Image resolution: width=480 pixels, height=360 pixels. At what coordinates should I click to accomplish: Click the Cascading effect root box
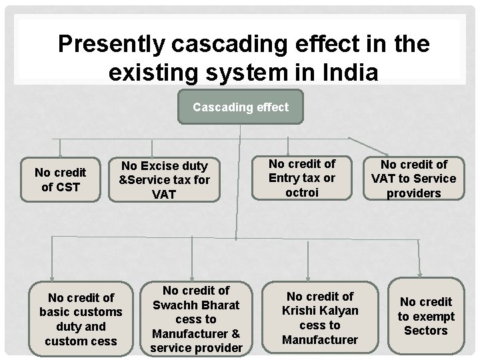pos(240,107)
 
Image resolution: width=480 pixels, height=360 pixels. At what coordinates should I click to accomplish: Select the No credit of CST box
pos(60,179)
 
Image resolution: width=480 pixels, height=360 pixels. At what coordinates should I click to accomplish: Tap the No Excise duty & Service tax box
pos(163,179)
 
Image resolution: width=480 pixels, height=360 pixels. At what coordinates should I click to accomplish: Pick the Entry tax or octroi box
pos(302,178)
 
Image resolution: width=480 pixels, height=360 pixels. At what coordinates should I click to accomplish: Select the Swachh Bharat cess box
pos(196,319)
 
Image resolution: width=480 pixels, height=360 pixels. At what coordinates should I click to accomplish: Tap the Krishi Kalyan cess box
pos(319,318)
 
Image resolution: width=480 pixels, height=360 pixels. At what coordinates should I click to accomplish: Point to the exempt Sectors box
pos(426,316)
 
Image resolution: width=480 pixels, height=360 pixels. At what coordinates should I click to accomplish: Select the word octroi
pos(302,193)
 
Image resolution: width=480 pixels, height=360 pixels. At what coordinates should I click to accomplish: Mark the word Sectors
pos(426,331)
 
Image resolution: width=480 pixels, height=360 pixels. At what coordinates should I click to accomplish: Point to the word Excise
pos(161,165)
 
